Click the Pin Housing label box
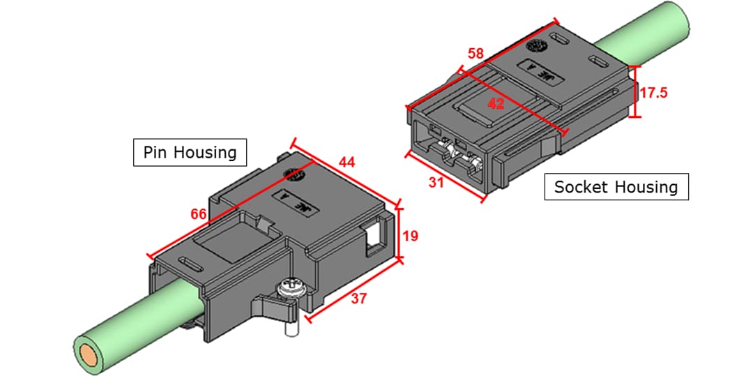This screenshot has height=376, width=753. click(x=190, y=151)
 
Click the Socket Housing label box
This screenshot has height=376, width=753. click(x=616, y=186)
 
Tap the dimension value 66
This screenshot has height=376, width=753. click(x=199, y=214)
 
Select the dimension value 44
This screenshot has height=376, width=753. click(x=347, y=163)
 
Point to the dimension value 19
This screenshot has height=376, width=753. click(x=411, y=236)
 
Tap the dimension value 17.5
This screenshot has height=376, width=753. click(x=654, y=92)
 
